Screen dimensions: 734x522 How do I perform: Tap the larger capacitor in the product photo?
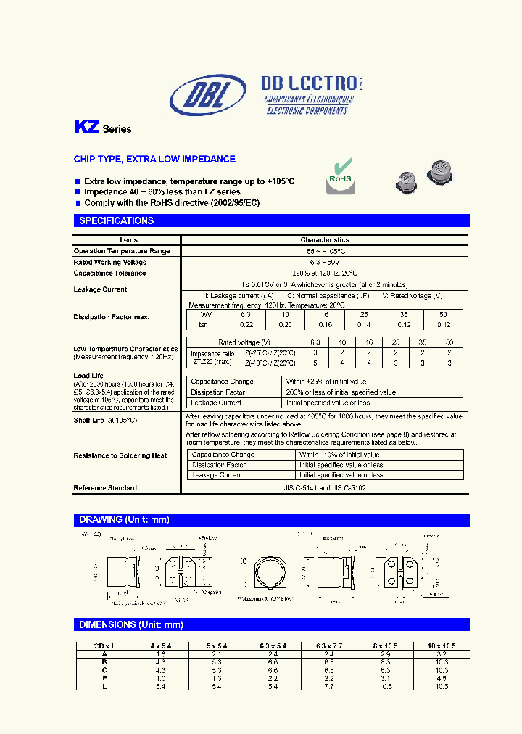[440, 173]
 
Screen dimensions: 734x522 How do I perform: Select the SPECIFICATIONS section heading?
[116, 220]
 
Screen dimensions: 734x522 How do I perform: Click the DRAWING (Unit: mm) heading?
[123, 519]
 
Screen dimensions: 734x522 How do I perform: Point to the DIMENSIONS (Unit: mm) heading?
[130, 624]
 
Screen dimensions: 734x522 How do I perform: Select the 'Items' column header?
[128, 239]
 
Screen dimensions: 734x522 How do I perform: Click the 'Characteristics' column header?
[325, 239]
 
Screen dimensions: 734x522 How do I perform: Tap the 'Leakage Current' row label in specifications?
[100, 289]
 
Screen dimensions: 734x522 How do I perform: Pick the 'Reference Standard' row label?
[105, 488]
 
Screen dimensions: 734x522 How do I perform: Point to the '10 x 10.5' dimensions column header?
[438, 646]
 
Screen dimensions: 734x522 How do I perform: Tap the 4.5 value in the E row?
[438, 678]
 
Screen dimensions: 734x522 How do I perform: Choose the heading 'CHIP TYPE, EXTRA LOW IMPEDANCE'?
[154, 159]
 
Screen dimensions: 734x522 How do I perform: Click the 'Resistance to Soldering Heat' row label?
[120, 455]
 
